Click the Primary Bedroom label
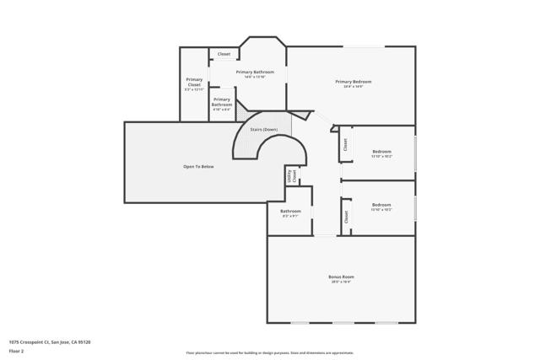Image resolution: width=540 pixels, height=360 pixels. coord(353,82)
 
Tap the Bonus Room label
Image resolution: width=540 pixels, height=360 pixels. coord(341,277)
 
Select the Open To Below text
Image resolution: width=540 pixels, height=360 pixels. coord(198,166)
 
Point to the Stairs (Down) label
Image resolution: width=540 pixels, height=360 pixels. coord(263,129)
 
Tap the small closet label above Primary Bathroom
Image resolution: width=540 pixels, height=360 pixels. coord(224,54)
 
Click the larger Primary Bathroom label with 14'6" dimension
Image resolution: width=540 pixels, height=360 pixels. coord(255,73)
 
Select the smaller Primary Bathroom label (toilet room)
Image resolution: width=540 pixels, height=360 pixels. coord(222,102)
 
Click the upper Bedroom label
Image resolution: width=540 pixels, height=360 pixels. coord(381,152)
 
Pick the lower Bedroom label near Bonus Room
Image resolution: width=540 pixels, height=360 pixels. coord(381,204)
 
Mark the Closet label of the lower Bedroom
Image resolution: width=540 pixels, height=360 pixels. coord(346,217)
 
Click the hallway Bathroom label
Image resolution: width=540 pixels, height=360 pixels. coord(290,211)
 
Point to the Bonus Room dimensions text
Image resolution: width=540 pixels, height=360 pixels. coord(341,282)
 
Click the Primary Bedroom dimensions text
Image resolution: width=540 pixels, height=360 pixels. coord(353,87)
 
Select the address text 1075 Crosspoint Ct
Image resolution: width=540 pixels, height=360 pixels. coord(50,341)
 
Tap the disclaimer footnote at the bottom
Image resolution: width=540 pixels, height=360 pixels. coord(269,353)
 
